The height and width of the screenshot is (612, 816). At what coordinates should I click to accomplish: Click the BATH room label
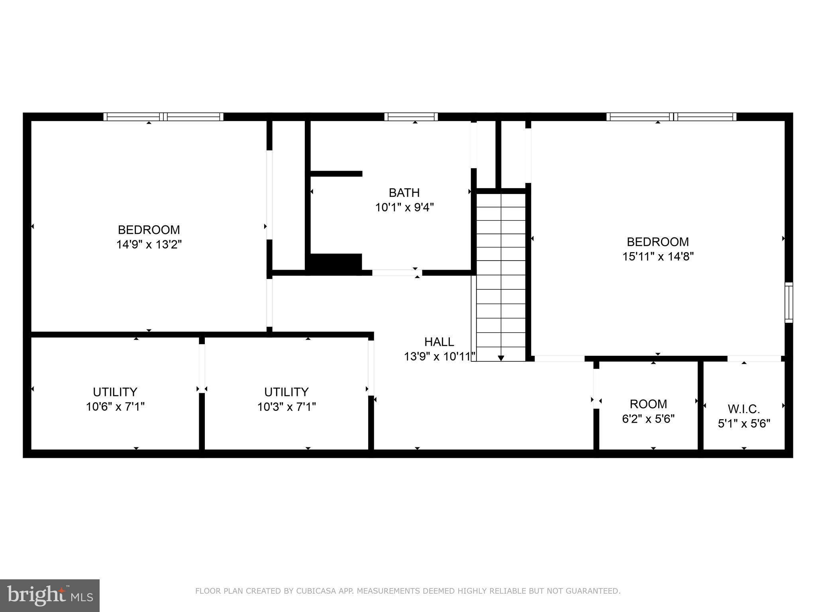coord(404,193)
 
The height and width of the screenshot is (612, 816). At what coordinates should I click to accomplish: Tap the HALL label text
coord(439,342)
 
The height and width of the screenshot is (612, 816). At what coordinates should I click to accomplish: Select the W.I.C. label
coord(744,409)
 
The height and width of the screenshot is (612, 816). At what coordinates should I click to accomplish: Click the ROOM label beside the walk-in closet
coord(648,404)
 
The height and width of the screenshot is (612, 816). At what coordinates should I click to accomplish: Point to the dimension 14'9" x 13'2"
coord(149,244)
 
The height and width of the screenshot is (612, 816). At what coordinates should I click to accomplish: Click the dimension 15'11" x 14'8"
coord(658,256)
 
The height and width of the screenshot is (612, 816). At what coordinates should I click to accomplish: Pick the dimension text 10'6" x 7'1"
coord(115,407)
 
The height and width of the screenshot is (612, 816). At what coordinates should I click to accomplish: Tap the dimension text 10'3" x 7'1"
coord(286,407)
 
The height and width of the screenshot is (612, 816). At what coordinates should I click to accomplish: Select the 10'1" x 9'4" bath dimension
coord(404,208)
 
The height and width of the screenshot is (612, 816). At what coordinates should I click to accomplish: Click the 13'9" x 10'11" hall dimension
coord(439,356)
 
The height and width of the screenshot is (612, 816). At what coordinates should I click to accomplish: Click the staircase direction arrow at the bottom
coord(501,358)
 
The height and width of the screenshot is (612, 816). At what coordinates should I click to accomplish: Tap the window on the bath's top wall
coord(411,117)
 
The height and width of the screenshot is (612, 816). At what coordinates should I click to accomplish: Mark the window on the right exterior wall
coord(789,302)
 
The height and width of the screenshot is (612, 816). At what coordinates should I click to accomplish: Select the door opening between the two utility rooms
coord(202,368)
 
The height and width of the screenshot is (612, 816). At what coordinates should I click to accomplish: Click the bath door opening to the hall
coord(397,273)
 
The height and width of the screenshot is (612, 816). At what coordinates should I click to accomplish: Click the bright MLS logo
coord(50,595)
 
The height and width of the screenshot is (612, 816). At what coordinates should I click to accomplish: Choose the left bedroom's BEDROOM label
coord(149,230)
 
